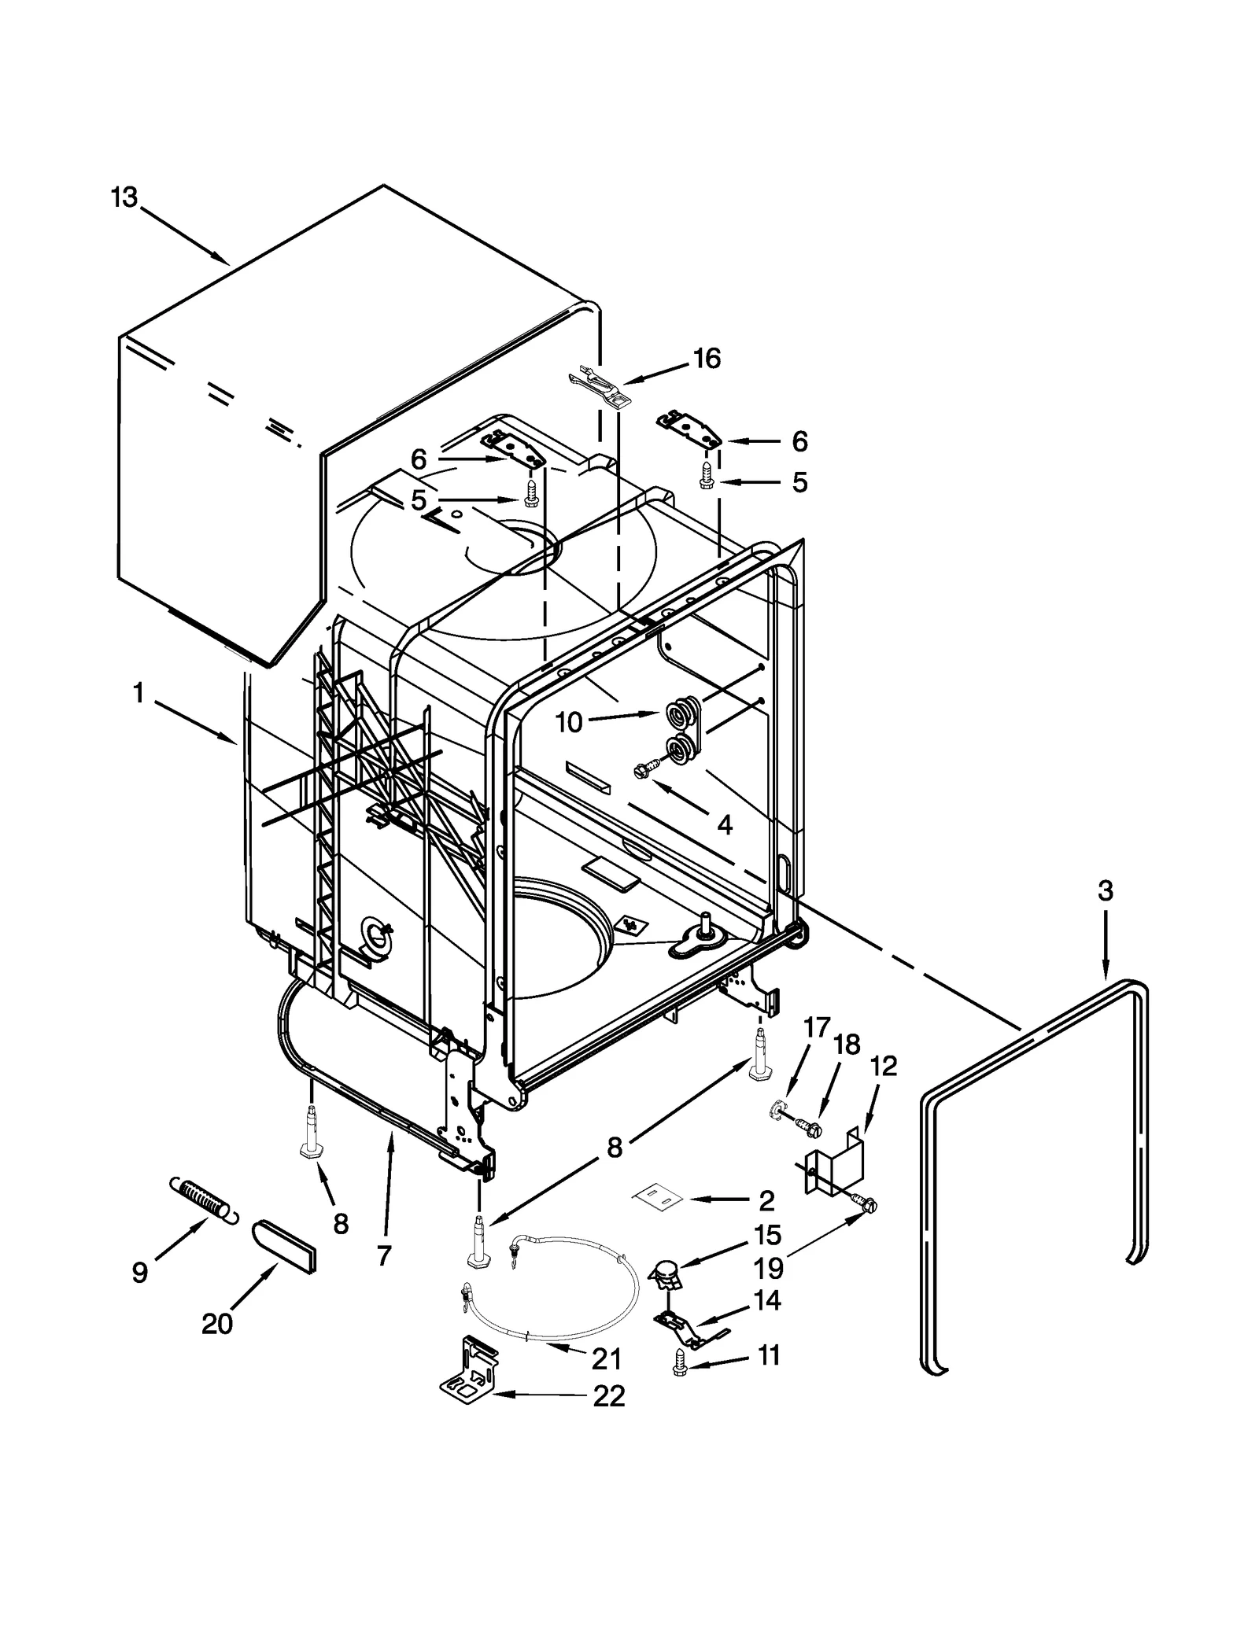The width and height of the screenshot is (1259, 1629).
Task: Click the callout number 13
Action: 124,197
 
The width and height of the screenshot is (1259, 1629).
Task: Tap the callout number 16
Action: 707,359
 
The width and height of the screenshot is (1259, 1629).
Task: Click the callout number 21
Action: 606,1358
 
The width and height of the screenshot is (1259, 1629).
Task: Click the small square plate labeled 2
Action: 655,1200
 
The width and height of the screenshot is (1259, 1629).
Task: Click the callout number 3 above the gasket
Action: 1105,891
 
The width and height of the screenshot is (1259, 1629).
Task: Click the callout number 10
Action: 568,722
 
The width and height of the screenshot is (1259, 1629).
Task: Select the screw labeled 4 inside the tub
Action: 642,772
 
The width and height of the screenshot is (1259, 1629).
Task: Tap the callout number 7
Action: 383,1256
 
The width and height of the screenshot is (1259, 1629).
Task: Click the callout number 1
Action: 138,694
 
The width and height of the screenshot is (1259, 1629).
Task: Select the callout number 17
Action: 817,1027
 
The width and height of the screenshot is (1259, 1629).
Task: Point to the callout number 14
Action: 766,1300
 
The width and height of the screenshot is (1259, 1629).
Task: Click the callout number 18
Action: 846,1045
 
